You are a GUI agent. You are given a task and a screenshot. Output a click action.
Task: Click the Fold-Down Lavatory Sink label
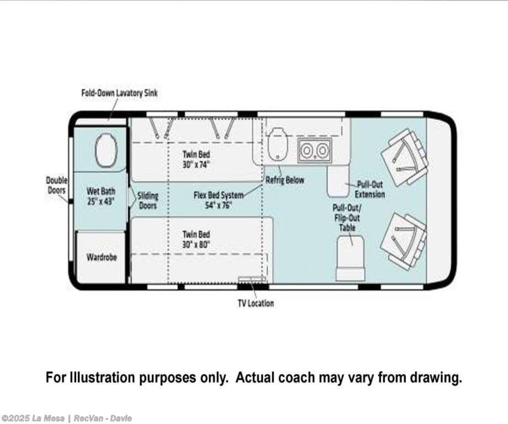(x=119, y=93)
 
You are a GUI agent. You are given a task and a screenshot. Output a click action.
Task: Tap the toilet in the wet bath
(x=105, y=150)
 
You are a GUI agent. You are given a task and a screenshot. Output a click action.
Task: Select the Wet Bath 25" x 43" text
(x=100, y=196)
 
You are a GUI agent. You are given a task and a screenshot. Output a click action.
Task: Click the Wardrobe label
(x=102, y=257)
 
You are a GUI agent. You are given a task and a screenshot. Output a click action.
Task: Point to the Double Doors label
(x=56, y=185)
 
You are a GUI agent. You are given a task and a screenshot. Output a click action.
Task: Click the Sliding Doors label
(x=148, y=201)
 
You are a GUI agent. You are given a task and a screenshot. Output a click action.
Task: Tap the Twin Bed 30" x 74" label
(x=196, y=159)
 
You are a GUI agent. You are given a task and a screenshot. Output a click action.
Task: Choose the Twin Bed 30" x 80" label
(x=196, y=239)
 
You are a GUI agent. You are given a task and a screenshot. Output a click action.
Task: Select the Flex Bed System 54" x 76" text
(x=219, y=200)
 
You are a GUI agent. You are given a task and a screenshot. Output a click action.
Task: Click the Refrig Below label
(x=285, y=180)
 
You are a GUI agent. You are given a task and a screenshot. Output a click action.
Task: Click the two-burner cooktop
(x=315, y=150)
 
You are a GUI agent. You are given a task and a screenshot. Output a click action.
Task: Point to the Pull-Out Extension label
(x=369, y=190)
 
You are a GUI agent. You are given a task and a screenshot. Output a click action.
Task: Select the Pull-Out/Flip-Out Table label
(x=347, y=218)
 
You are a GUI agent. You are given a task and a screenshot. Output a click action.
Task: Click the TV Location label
(x=256, y=303)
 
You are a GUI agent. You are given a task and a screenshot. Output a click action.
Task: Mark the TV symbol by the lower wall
(x=252, y=279)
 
